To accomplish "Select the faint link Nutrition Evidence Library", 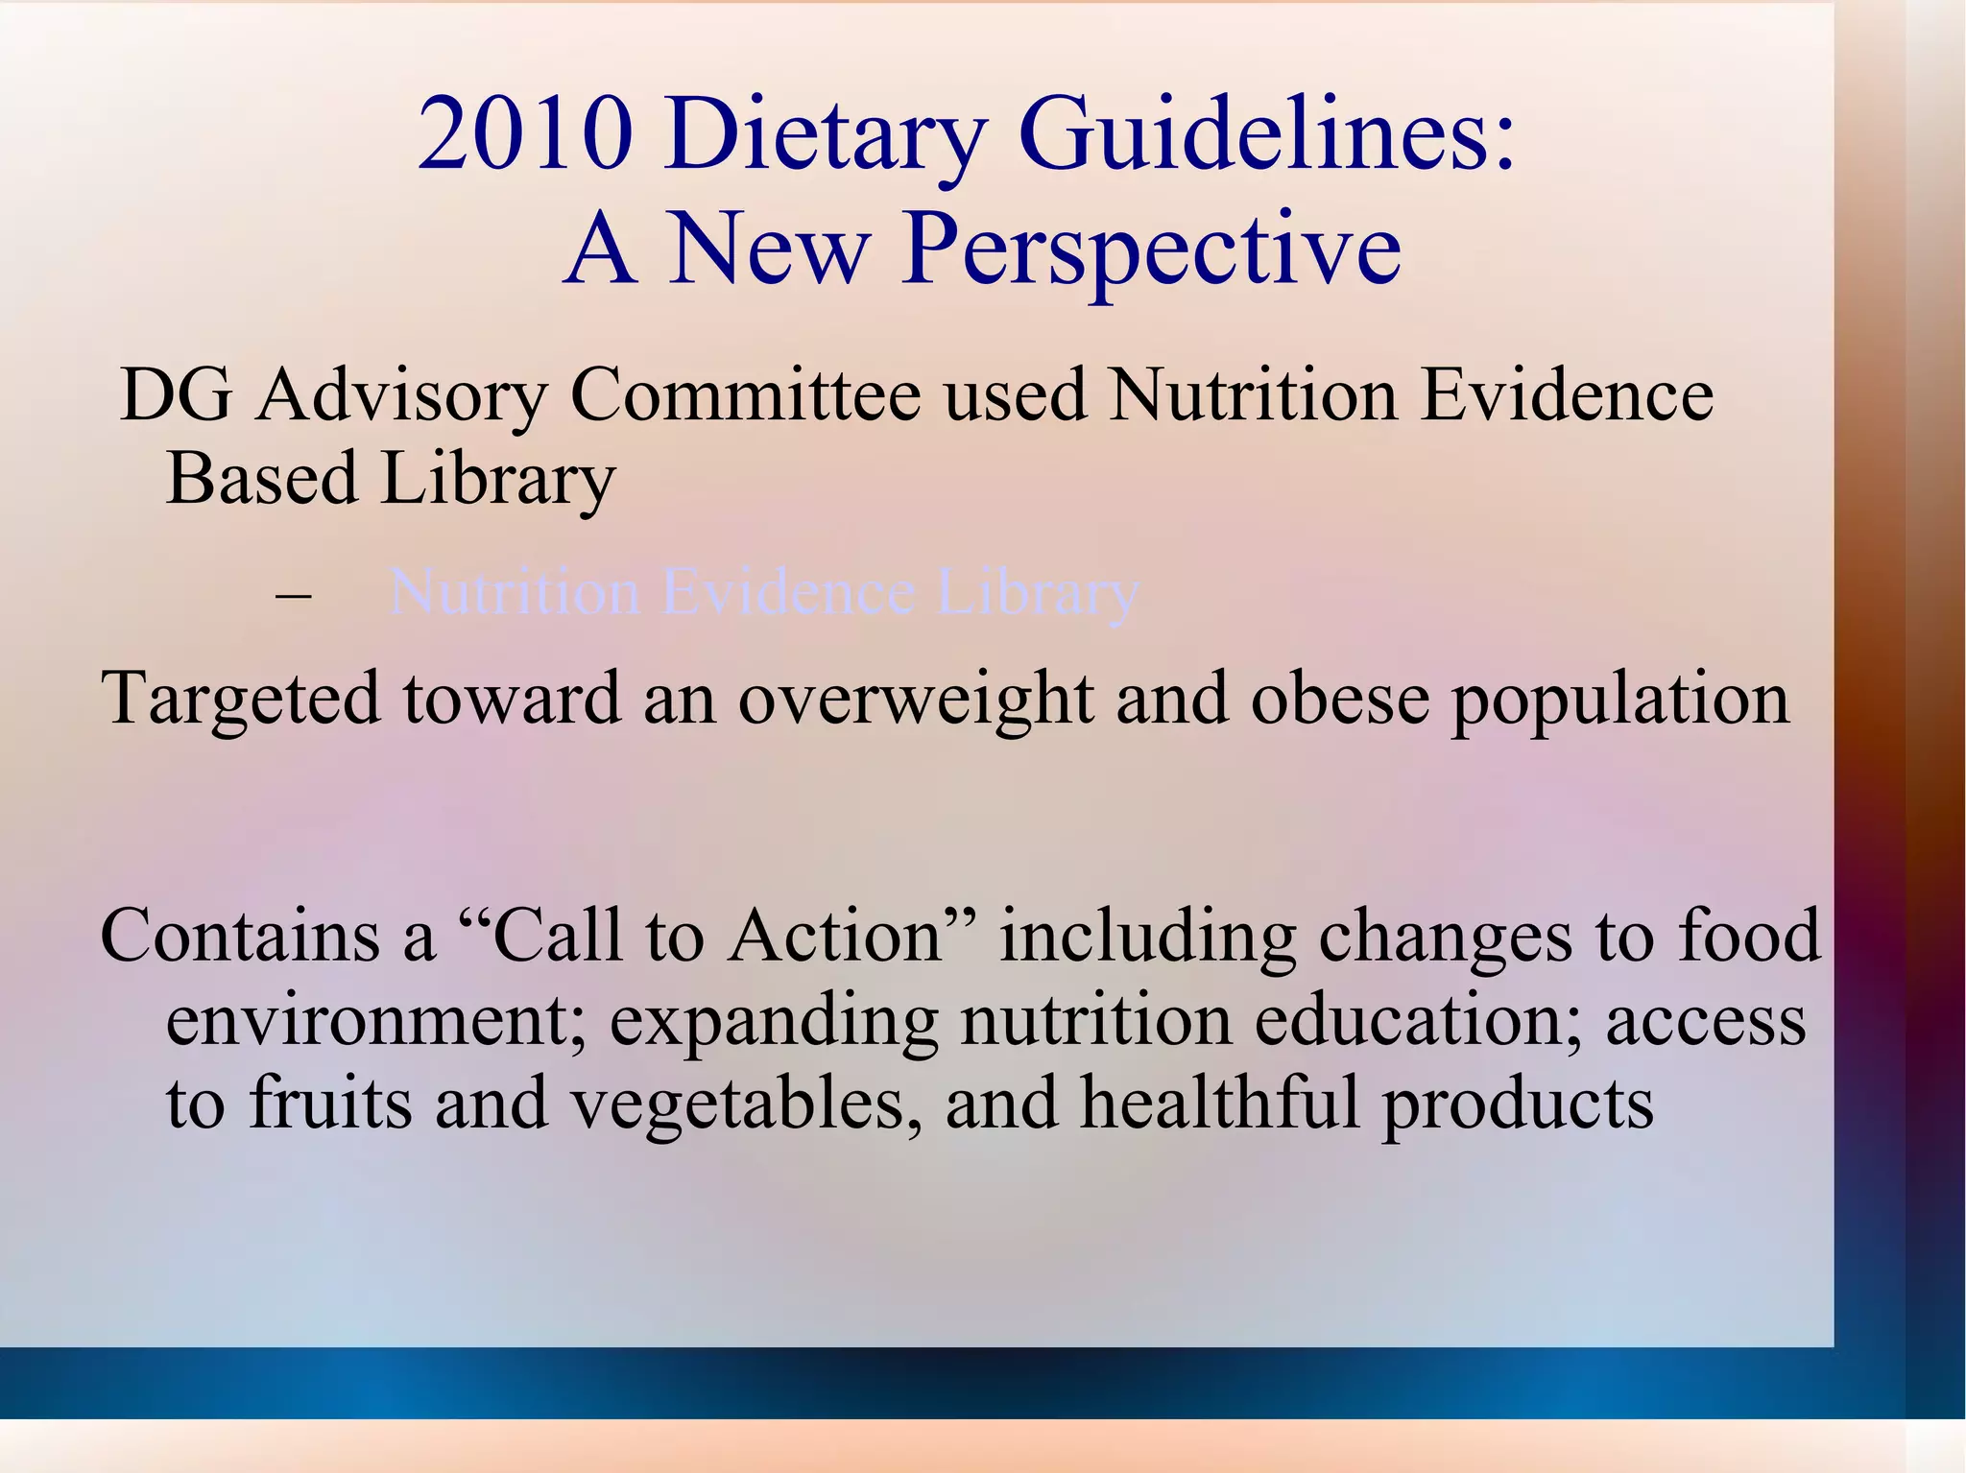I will (x=764, y=592).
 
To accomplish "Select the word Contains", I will (x=240, y=936).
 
